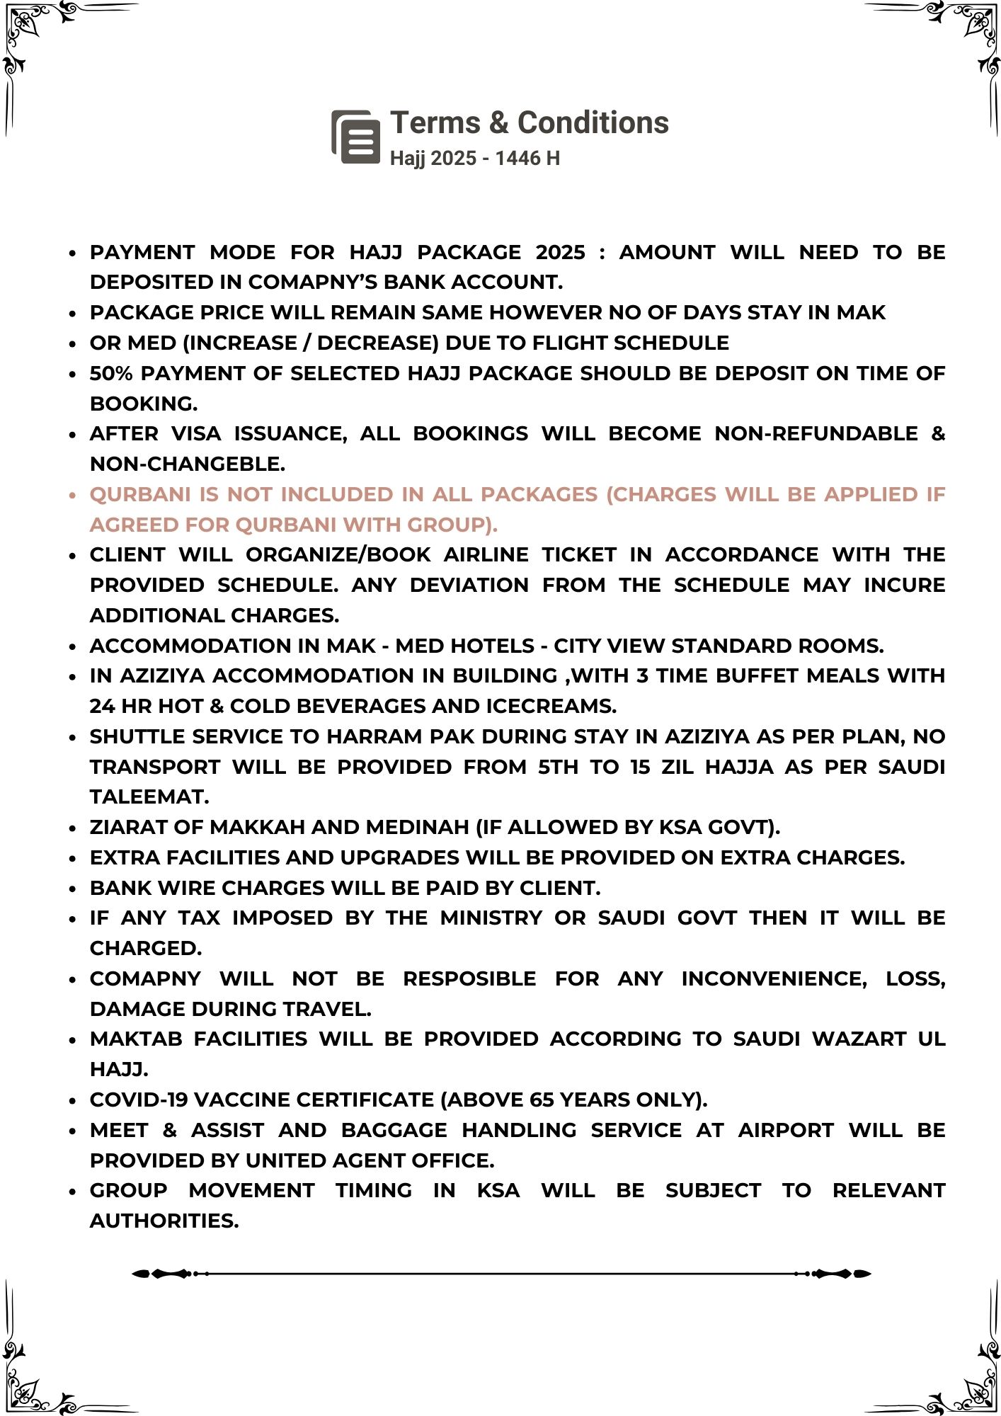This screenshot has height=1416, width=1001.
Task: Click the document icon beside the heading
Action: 356,137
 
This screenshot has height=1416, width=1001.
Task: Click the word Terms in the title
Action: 435,122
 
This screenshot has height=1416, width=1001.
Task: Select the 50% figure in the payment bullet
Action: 112,373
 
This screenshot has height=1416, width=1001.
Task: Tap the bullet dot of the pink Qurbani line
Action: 72,495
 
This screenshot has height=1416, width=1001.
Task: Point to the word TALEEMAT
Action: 149,796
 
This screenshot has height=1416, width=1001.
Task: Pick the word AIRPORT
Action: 786,1130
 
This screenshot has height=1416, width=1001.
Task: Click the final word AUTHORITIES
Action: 164,1221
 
